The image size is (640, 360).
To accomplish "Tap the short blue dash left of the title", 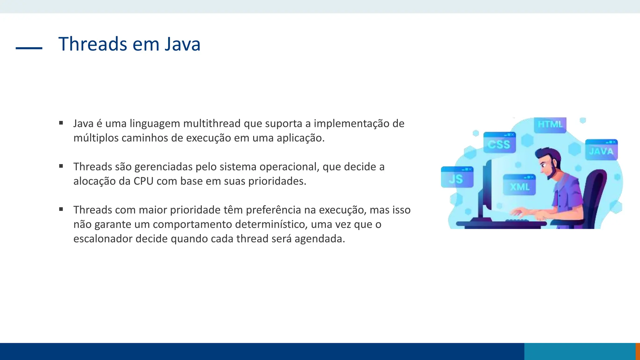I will [29, 48].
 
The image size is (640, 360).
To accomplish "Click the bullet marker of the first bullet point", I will [61, 123].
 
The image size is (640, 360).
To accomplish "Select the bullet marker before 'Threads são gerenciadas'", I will [61, 166].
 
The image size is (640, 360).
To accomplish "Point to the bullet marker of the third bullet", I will [61, 209].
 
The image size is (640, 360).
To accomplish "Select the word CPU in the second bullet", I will [143, 181].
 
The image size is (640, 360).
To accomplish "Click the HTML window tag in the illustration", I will [550, 125].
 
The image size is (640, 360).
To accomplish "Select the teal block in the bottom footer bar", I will [580, 351].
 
